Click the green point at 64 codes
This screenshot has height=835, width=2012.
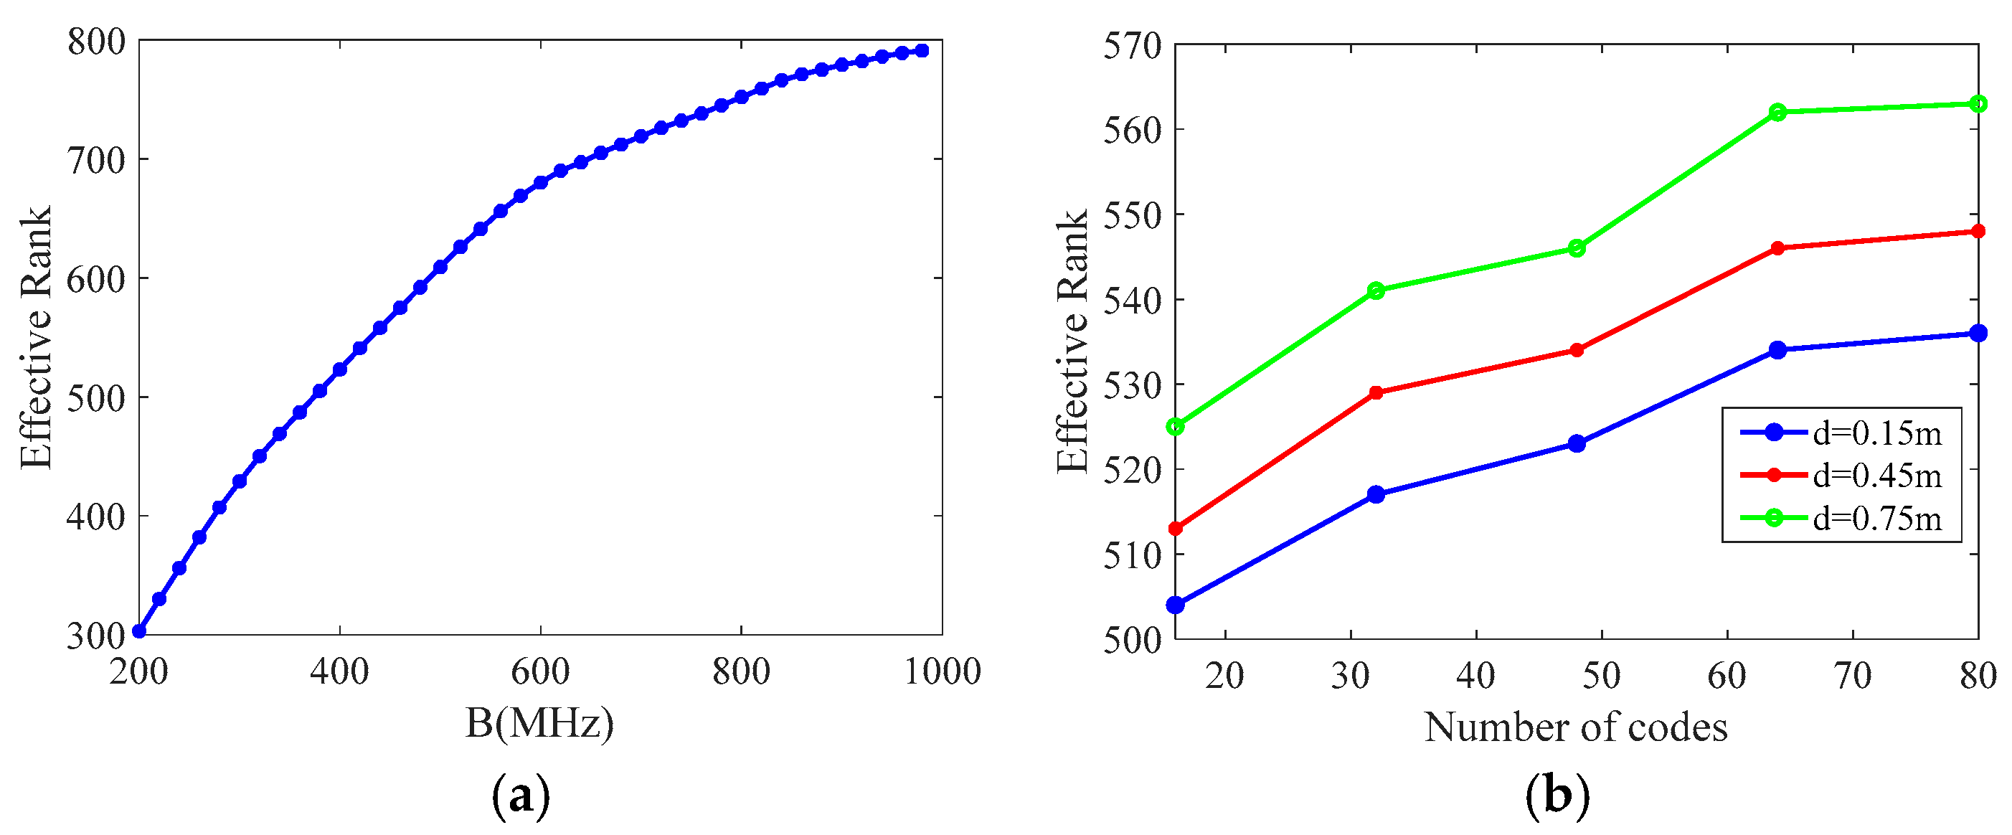(1777, 112)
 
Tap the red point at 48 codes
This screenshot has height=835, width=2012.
(1577, 350)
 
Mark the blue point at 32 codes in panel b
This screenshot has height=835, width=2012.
(1376, 494)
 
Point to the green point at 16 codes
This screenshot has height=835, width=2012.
(1176, 427)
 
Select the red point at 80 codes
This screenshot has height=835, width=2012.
(1978, 231)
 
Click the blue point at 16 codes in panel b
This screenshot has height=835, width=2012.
(1176, 605)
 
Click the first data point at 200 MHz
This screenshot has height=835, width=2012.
(139, 631)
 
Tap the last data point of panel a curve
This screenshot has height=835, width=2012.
(922, 51)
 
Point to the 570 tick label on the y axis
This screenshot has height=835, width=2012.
(1132, 45)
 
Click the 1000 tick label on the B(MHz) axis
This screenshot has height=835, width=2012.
(942, 671)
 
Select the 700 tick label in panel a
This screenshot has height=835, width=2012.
(96, 160)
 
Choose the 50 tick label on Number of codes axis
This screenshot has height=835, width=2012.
(1601, 676)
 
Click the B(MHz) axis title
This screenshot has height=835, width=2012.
(539, 723)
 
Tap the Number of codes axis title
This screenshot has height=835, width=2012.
(1575, 728)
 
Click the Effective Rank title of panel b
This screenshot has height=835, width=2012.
(1072, 341)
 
